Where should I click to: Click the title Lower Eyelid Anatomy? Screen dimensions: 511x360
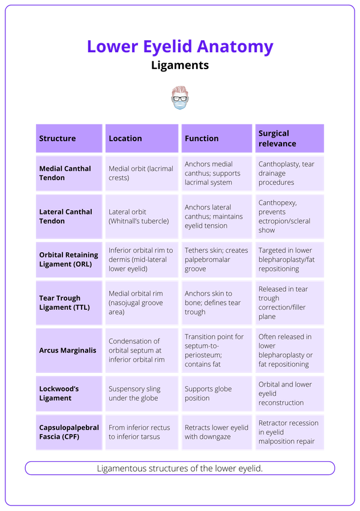[180, 46]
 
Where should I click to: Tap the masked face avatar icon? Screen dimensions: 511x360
[179, 98]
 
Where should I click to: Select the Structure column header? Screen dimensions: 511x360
[58, 138]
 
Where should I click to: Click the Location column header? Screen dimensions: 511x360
[125, 138]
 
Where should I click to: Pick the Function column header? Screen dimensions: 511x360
[202, 138]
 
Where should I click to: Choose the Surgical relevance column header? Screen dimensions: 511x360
[277, 138]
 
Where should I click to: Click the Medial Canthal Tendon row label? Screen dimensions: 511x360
[65, 173]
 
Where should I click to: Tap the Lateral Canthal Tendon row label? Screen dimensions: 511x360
[65, 216]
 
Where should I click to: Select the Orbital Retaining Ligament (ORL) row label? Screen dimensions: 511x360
[68, 259]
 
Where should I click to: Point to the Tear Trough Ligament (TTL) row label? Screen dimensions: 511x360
[59, 303]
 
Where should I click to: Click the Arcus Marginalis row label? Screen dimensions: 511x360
[67, 350]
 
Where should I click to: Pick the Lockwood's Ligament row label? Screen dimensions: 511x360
[59, 393]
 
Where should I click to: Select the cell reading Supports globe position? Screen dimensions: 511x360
[208, 393]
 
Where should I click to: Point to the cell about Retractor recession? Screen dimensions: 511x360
[289, 432]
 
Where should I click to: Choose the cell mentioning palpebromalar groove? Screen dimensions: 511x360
[212, 259]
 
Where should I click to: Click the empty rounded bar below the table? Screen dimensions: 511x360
[180, 468]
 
